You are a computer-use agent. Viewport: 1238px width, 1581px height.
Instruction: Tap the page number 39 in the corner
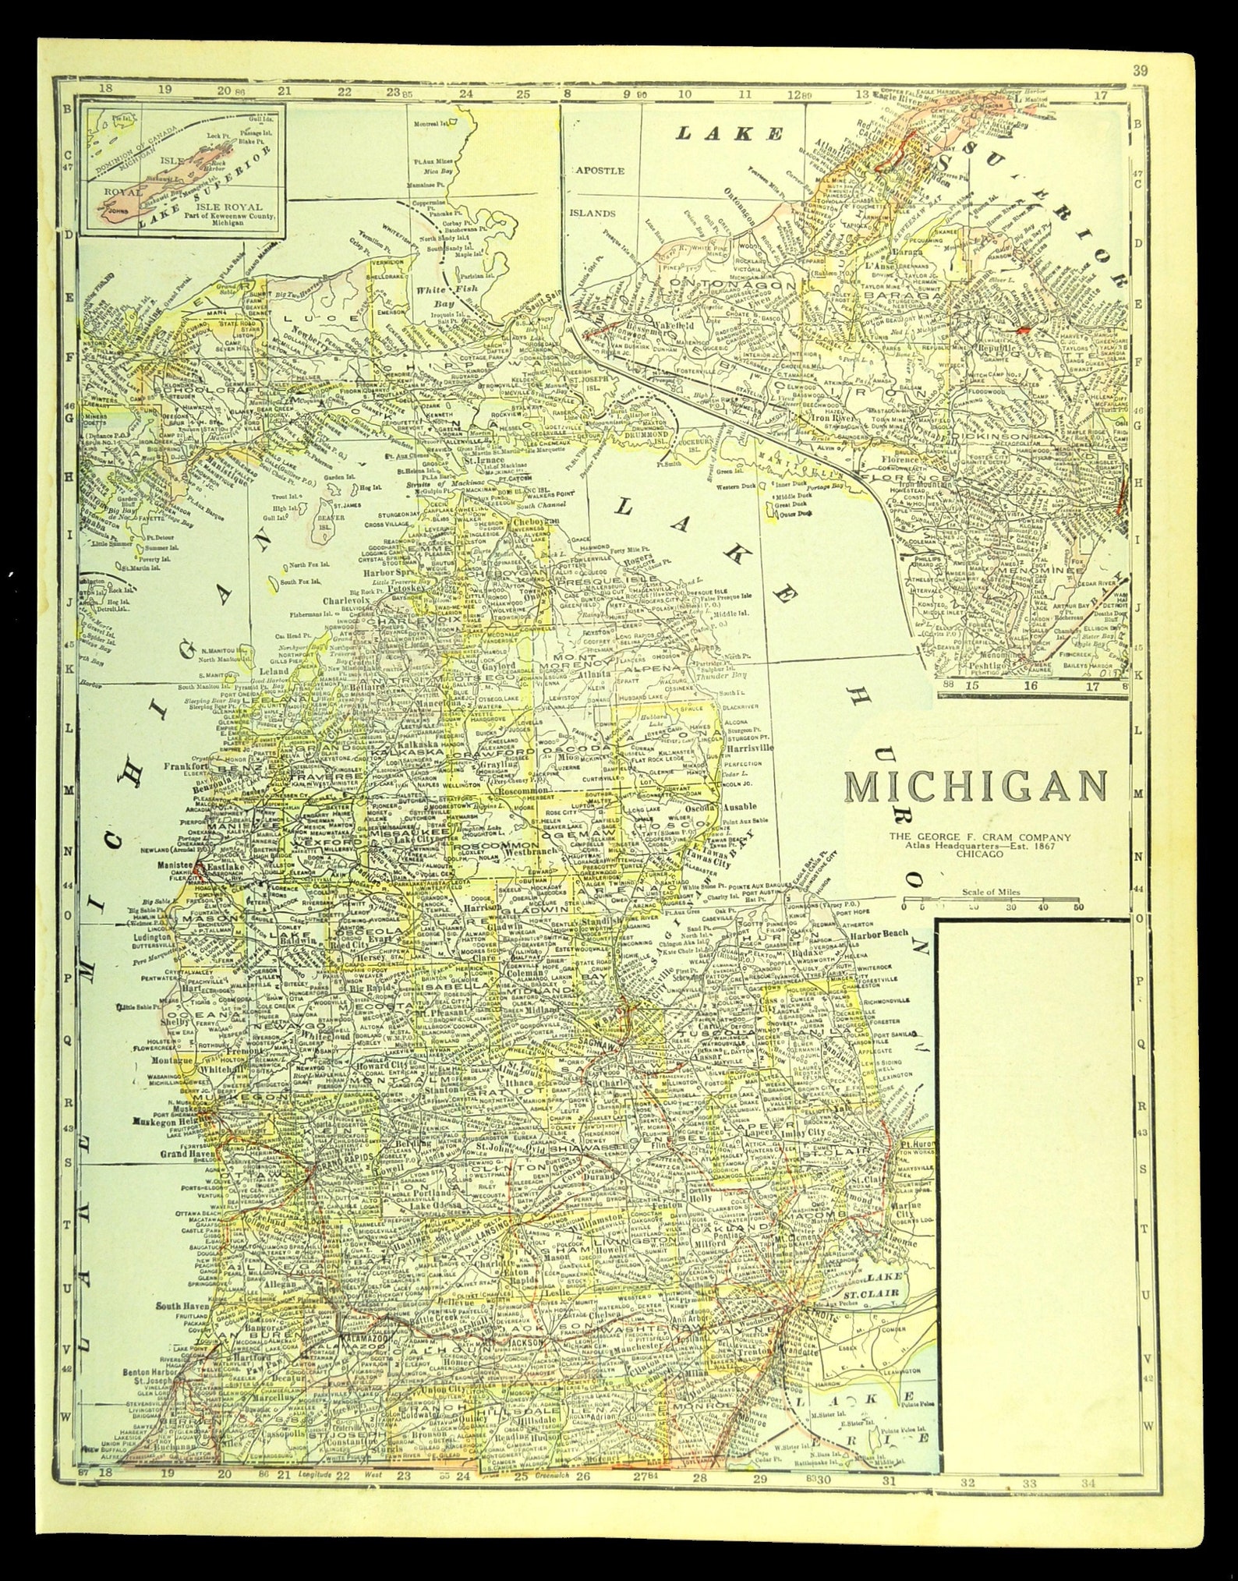point(1140,71)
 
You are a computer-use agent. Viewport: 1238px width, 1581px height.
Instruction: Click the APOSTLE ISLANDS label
point(600,191)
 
